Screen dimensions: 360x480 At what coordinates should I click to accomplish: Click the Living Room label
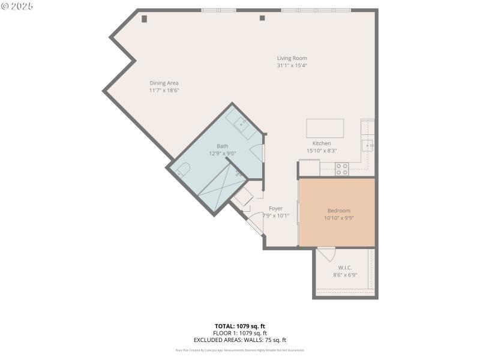pos(292,58)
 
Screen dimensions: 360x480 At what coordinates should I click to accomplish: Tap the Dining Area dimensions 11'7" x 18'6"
pos(164,90)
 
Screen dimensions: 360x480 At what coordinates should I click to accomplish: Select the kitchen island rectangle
pos(325,128)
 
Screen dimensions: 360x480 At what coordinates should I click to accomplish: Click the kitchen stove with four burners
pos(341,169)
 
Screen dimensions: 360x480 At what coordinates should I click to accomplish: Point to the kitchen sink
pos(367,145)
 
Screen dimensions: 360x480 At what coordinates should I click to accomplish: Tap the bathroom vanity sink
pos(242,125)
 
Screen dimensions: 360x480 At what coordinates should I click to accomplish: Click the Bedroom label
pos(339,211)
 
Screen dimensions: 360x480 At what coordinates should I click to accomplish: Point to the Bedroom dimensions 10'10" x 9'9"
pos(339,218)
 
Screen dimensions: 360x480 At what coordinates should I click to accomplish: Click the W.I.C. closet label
pos(345,268)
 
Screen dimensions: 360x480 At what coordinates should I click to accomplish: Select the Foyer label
pos(275,208)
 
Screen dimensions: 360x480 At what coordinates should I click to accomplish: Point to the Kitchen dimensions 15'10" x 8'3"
pos(322,151)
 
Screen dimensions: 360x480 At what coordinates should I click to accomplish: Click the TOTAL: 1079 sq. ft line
pos(240,326)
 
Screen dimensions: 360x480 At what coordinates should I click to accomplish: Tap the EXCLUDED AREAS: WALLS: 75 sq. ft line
pos(240,340)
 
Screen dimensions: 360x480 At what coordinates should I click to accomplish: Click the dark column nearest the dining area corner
pos(144,19)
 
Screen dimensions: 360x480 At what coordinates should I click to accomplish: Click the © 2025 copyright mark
pos(17,6)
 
